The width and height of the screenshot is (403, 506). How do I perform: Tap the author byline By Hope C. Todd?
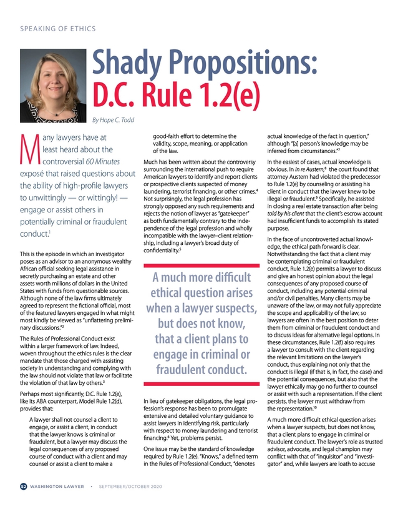click(x=118, y=120)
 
